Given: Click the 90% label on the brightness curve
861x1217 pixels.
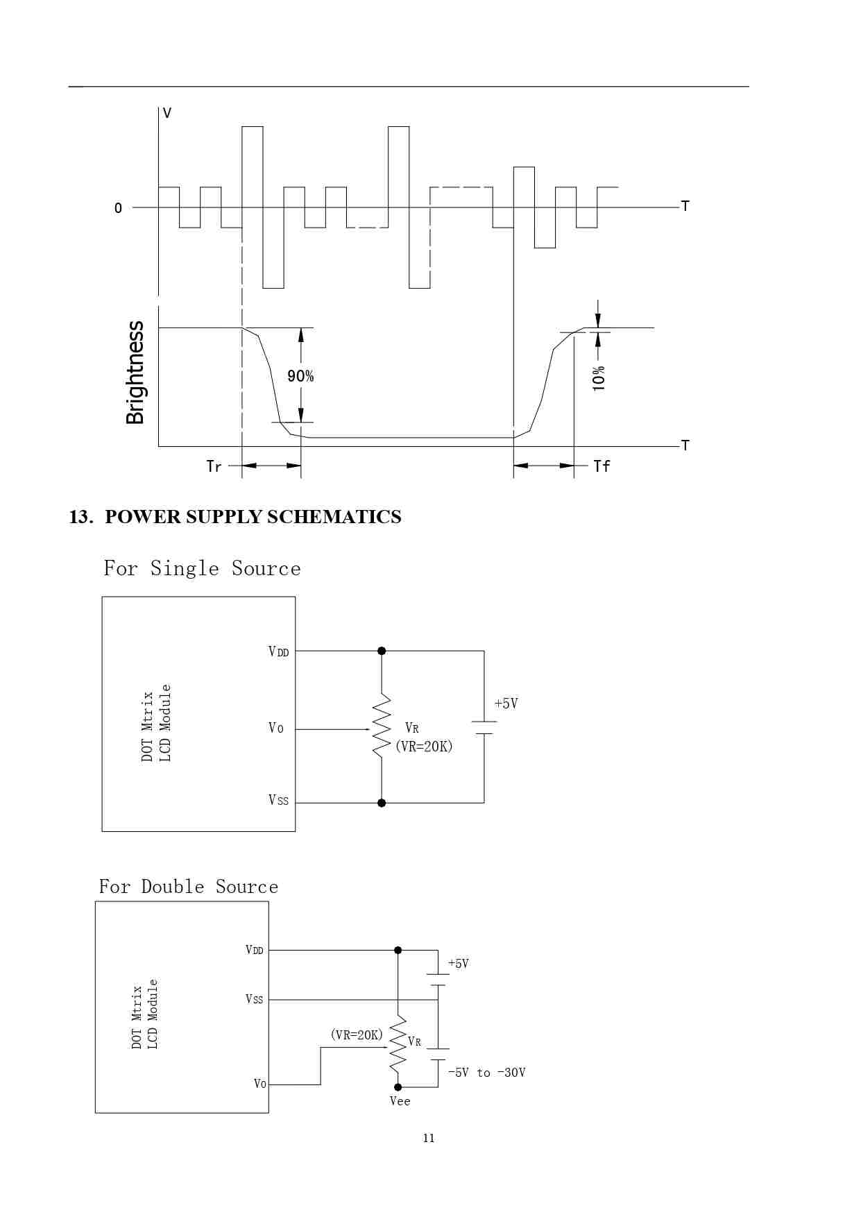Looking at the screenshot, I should pos(300,376).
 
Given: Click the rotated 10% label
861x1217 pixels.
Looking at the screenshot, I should pos(599,378).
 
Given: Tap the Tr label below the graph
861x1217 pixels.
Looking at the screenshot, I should pos(214,466).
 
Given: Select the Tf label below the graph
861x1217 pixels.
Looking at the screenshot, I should pos(602,466).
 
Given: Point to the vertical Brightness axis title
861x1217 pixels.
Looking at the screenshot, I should pos(135,373).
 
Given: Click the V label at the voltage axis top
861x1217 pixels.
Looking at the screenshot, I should pos(167,113).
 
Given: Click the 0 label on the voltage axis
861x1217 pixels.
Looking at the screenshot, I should pos(118,208).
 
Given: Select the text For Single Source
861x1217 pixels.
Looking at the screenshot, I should pos(202,569).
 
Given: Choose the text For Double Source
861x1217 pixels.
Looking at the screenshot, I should pos(188,887).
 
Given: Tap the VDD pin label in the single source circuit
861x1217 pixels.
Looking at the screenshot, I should pos(278,652).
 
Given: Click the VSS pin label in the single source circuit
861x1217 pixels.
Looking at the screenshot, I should pos(278,801).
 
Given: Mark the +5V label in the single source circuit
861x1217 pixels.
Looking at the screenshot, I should pos(506,704).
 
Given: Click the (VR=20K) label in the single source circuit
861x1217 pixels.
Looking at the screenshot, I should pos(424,747).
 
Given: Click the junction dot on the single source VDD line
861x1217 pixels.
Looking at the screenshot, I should pos(382,651).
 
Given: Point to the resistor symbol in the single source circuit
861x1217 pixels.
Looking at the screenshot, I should pos(382,727).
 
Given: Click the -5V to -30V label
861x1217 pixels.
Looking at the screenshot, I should pos(486,1073).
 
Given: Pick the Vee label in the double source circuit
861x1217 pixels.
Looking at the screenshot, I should pos(400,1101).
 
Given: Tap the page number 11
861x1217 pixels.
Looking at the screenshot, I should pos(429,1138).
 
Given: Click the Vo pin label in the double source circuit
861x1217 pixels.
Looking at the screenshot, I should pos(260,1084).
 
